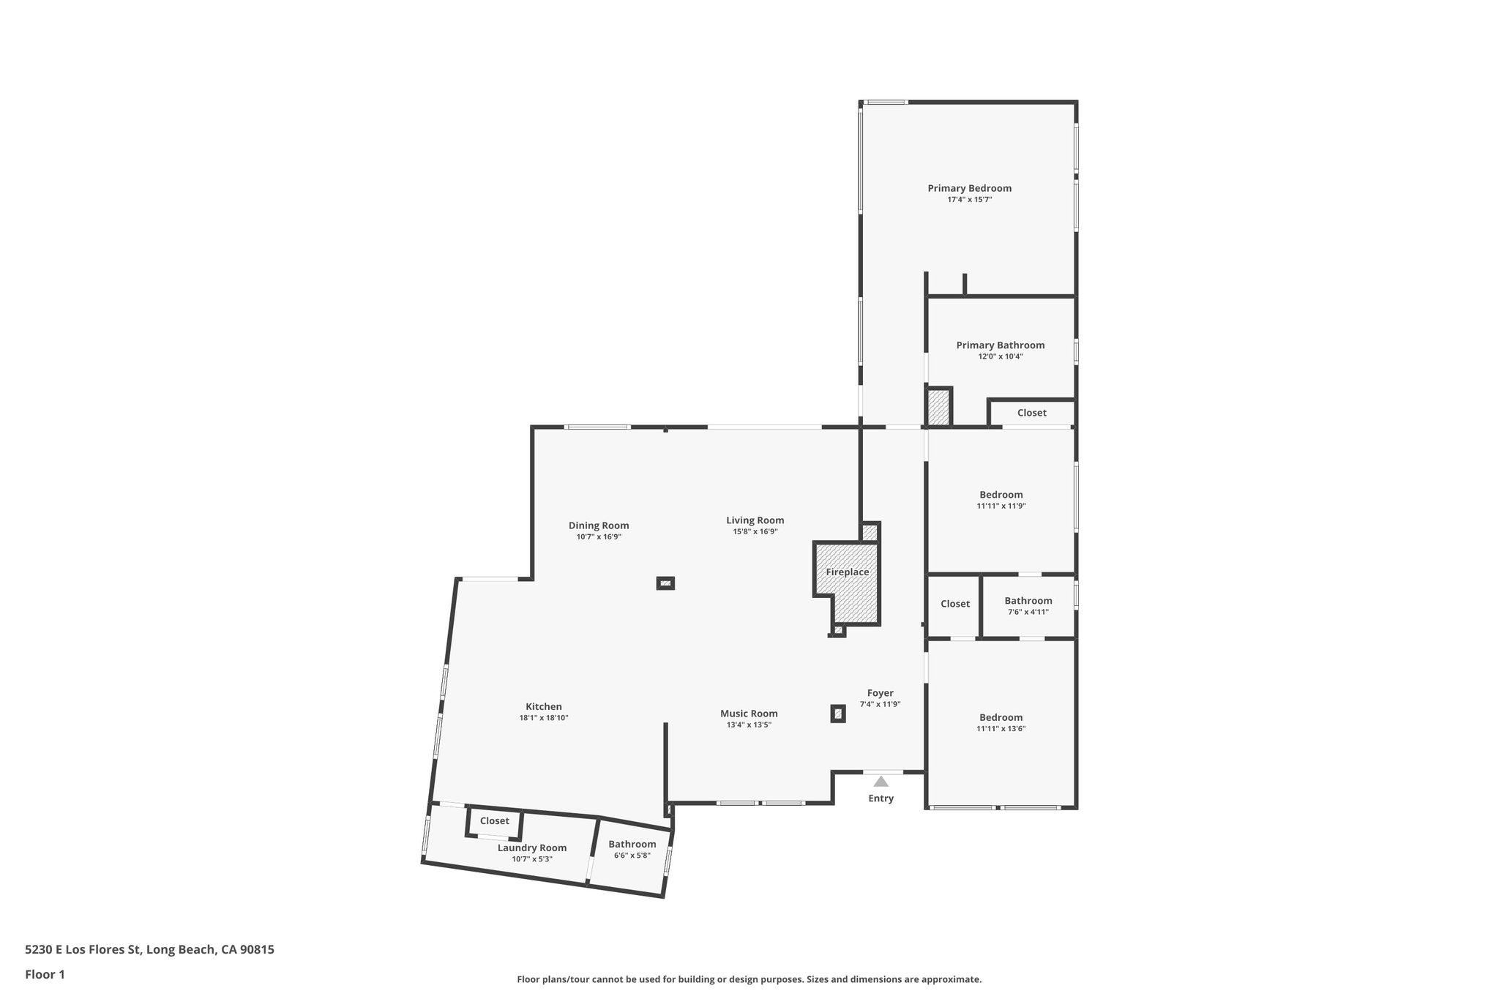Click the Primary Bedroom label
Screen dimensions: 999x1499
click(x=969, y=188)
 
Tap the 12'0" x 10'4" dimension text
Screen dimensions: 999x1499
click(x=1000, y=356)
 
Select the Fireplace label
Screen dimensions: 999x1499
click(x=847, y=572)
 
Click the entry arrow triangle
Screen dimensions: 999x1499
click(x=881, y=782)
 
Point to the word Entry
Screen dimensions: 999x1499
click(x=881, y=798)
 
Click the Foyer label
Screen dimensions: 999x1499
click(x=880, y=693)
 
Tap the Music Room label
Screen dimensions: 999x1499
click(x=749, y=714)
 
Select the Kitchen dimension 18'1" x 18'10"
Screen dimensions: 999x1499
click(x=543, y=718)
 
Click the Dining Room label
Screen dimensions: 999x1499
click(x=599, y=525)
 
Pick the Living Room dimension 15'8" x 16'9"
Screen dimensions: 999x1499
click(x=755, y=531)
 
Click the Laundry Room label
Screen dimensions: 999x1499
click(x=531, y=848)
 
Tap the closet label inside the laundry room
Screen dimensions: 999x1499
click(x=494, y=821)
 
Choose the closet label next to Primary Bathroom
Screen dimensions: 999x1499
click(x=1031, y=413)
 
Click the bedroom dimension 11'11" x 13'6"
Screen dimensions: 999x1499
click(x=1001, y=728)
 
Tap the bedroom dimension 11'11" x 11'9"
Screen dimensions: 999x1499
click(x=1001, y=506)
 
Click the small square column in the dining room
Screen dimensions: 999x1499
click(x=665, y=583)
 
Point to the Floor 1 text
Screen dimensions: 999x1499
click(x=45, y=974)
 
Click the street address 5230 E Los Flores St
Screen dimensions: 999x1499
click(x=149, y=949)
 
